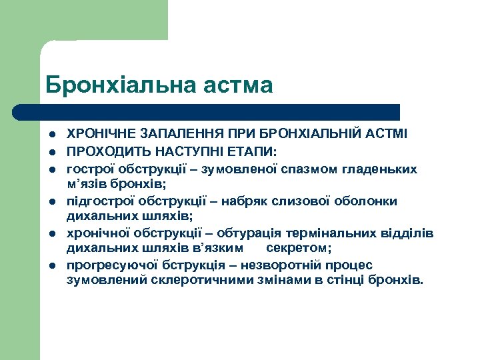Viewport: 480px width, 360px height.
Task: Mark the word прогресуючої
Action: pos(106,265)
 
